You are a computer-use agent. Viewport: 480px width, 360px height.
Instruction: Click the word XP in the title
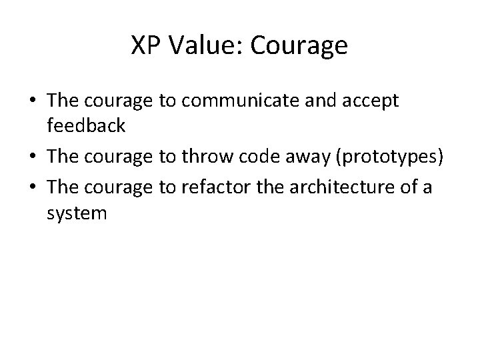coord(145,46)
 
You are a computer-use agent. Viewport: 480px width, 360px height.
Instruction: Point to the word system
coord(77,214)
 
